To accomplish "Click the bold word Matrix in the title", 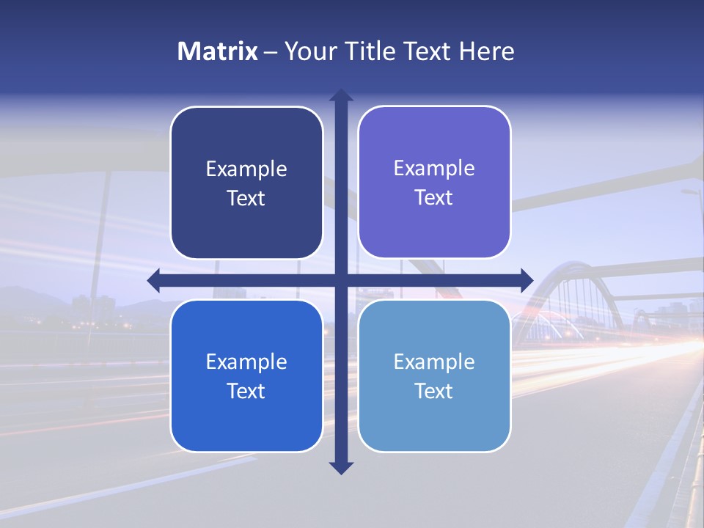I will click(218, 51).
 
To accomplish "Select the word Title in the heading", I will click(369, 51).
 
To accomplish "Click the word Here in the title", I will click(487, 51).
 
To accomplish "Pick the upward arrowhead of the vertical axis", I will click(341, 96).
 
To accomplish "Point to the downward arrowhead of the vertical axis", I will click(341, 467).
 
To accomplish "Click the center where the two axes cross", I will click(341, 280).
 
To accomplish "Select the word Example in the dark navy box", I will click(246, 169).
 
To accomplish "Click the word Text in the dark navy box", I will click(246, 199).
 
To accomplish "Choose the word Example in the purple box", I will click(434, 169).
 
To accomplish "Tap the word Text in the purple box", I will click(434, 198).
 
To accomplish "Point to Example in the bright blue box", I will click(246, 362).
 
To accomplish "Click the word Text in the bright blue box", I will click(246, 392).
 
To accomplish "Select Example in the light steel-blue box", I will click(434, 362).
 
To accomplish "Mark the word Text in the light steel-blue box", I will click(434, 392).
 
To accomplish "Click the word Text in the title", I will click(429, 51).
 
